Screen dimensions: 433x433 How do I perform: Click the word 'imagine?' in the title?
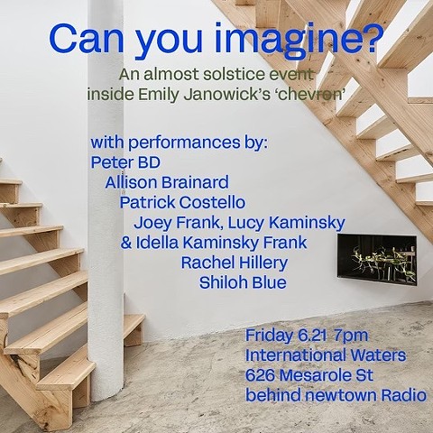click(299, 41)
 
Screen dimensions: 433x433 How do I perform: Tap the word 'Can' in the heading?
click(87, 40)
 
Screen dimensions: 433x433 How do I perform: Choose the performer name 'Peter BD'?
click(125, 162)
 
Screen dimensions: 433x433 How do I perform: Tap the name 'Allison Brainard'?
click(167, 182)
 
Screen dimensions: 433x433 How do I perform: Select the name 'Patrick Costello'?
click(182, 202)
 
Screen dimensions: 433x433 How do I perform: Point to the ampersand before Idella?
click(126, 243)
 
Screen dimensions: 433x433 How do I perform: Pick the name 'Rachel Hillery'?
click(235, 263)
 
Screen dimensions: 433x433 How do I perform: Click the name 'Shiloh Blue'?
click(243, 282)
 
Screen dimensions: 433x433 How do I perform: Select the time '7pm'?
click(351, 336)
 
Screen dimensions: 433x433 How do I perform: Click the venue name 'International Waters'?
click(326, 355)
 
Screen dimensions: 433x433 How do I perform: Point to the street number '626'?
click(261, 375)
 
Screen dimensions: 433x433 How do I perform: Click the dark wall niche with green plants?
click(377, 260)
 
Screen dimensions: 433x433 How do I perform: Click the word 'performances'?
click(185, 143)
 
